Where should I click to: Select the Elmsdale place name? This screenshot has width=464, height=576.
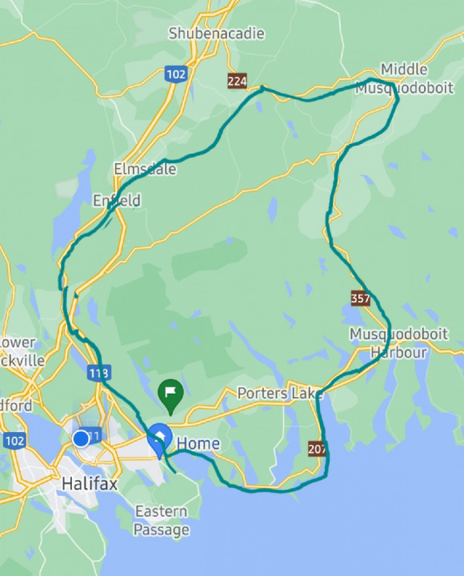coord(145,170)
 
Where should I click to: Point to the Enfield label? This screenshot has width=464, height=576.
coord(117,200)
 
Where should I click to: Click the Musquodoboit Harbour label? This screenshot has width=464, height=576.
coord(390,342)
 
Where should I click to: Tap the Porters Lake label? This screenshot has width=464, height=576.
coord(280,394)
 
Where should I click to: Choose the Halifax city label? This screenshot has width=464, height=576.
coord(90,483)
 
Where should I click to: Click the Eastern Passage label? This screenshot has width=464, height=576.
coord(162,520)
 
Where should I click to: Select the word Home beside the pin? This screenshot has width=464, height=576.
coord(198,443)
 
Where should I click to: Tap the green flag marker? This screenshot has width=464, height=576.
coord(170,391)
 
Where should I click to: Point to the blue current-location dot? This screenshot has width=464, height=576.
coord(81,438)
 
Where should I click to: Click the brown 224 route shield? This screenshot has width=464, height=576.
coord(237,81)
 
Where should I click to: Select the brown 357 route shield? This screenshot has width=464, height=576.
coord(360,297)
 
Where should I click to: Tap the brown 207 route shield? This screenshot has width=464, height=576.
coord(317,449)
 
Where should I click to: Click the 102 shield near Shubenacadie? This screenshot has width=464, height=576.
coord(176,74)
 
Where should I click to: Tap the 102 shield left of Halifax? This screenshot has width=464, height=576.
coord(14,441)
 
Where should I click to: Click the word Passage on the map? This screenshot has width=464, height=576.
coord(162,530)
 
